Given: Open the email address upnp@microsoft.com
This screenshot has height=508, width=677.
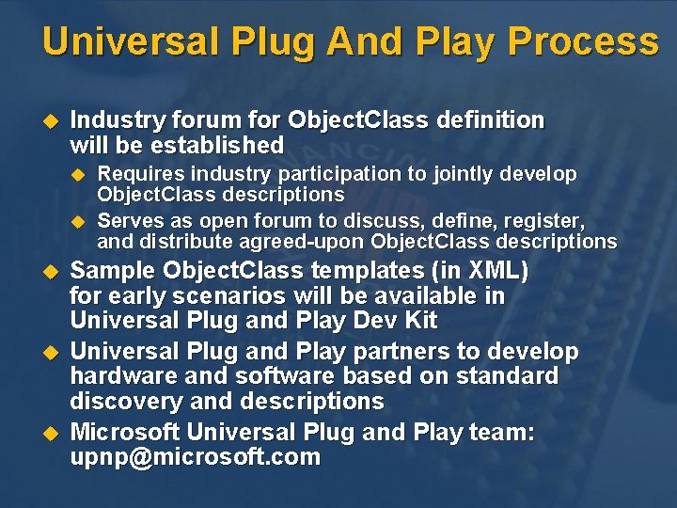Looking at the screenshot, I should click(196, 458).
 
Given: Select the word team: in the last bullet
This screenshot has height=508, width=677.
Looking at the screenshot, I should click(501, 433).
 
